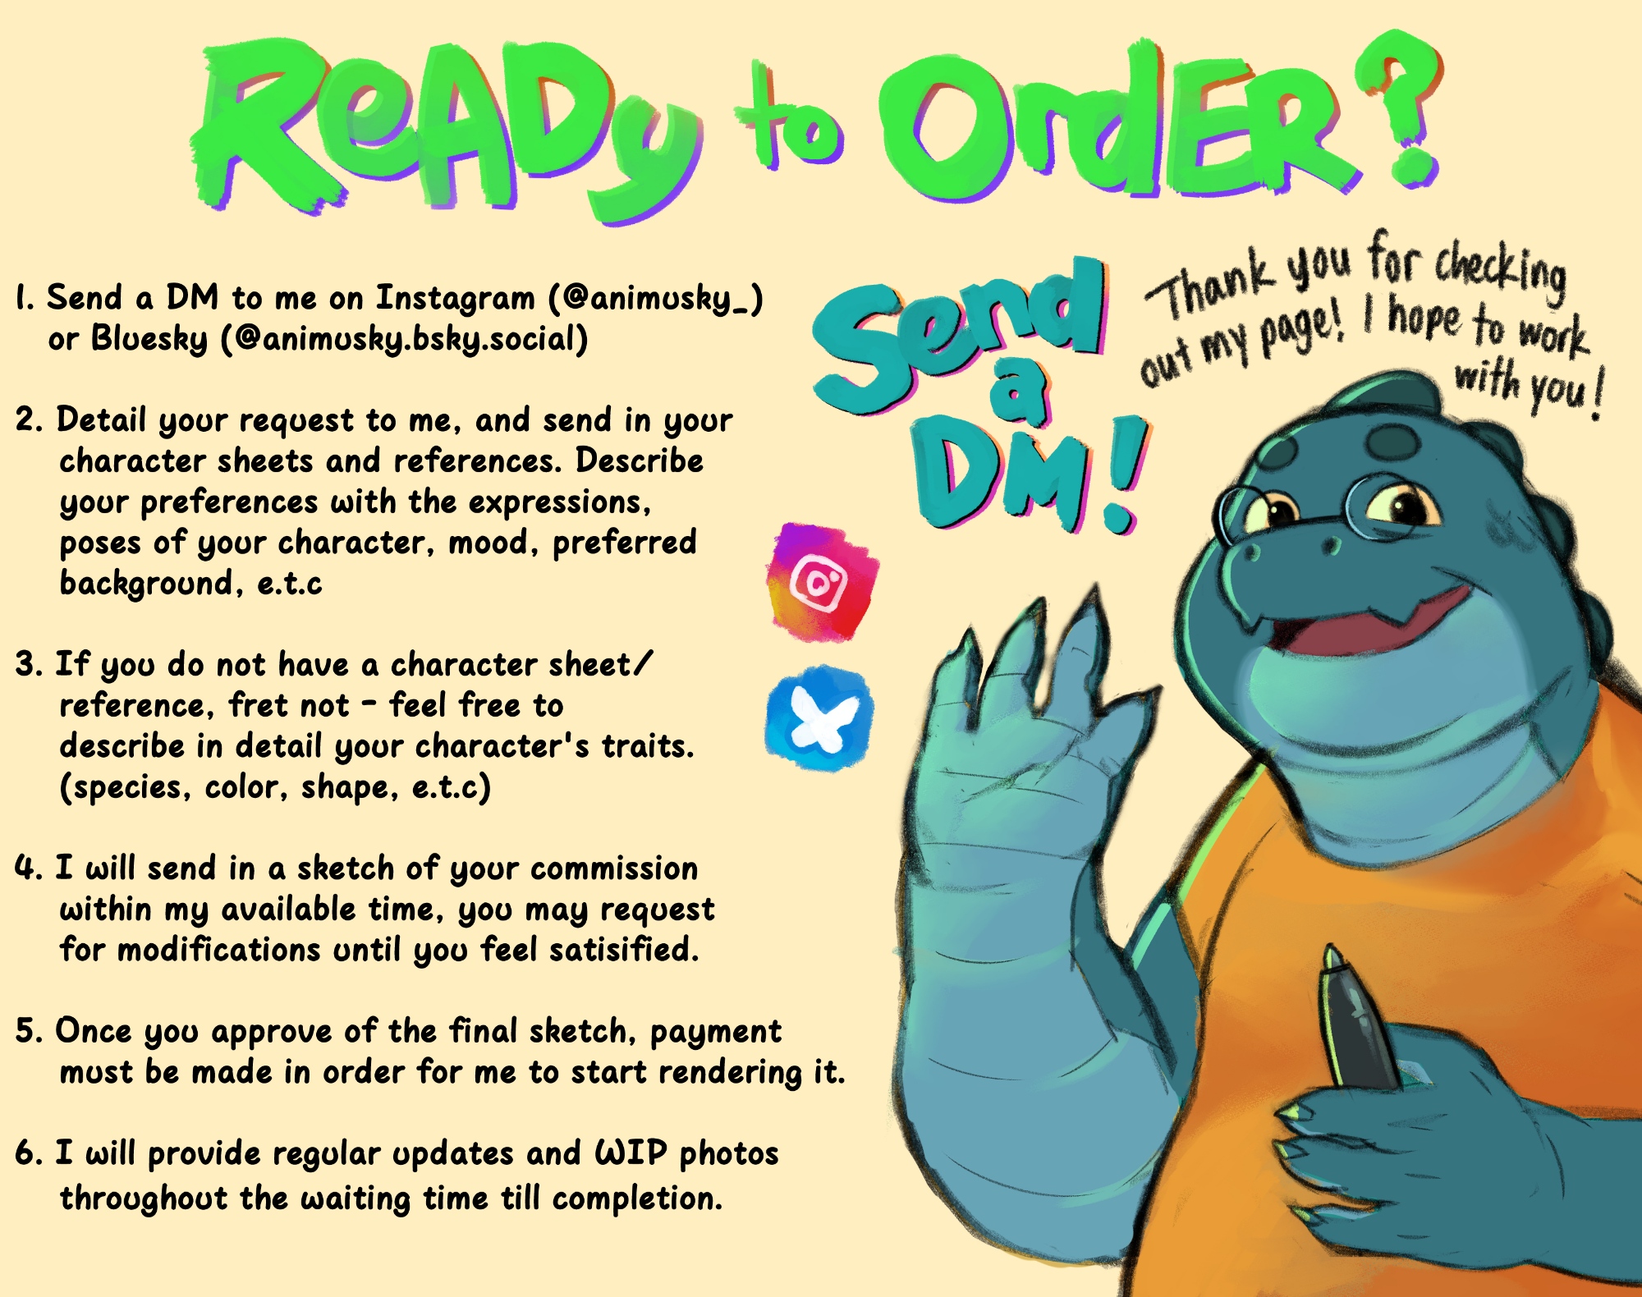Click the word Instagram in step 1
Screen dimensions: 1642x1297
pyautogui.click(x=455, y=298)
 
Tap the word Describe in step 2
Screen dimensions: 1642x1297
pyautogui.click(x=640, y=461)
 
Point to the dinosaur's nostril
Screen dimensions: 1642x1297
pyautogui.click(x=1253, y=552)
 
